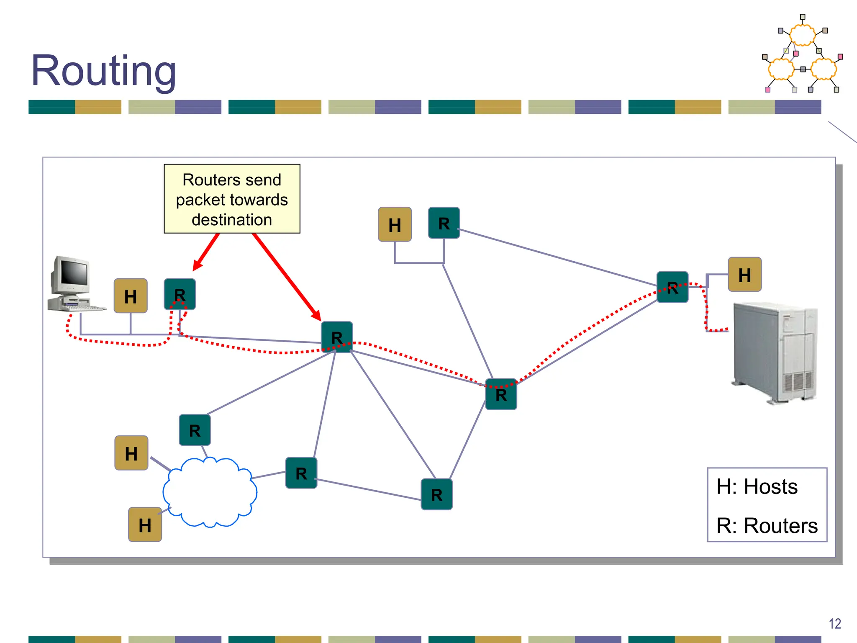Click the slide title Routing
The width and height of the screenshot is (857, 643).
point(103,71)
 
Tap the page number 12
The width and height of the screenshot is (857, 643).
point(834,624)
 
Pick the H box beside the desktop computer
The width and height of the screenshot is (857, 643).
point(131,296)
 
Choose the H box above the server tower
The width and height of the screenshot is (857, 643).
point(744,275)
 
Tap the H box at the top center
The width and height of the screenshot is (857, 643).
point(395,224)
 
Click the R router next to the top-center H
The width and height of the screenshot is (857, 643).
point(444,223)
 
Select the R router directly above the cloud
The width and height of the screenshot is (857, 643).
point(195,430)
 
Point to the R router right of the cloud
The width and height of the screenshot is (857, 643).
point(301,473)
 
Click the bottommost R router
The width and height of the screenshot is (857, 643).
point(436,494)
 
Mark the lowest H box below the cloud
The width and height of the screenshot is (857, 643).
point(145,525)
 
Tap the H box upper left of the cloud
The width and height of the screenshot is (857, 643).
point(131,453)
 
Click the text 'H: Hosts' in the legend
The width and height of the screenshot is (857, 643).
point(757,487)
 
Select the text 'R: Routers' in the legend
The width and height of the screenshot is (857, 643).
point(767,525)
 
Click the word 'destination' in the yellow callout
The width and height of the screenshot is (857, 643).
point(232,220)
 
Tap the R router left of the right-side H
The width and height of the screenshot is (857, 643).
point(672,287)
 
